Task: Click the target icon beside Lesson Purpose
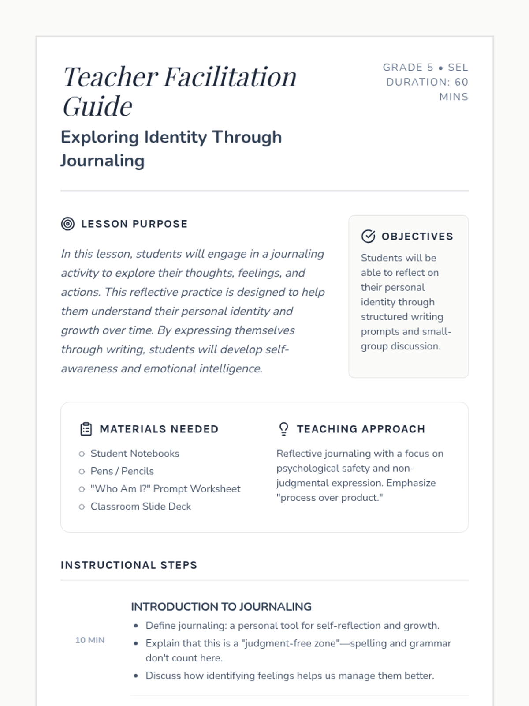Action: pos(67,224)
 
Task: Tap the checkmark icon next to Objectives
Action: pos(368,237)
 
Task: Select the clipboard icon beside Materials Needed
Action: pos(86,429)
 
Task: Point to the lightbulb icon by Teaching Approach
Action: pos(283,429)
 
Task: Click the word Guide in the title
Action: pos(97,106)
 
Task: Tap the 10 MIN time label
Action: pos(90,640)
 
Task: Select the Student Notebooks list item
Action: pos(135,454)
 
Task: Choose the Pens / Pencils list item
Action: pos(122,471)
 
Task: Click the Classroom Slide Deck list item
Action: pos(141,507)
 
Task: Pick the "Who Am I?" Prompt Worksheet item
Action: pos(165,489)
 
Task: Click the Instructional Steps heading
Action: pos(129,565)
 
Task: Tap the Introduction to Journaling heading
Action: pos(221,607)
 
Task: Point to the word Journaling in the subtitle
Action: pos(102,161)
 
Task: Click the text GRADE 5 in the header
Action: pos(408,68)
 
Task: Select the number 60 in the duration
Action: pos(461,82)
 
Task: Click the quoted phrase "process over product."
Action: pos(330,498)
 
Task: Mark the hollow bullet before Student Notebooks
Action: pos(82,454)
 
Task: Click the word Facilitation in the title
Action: pos(230,77)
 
